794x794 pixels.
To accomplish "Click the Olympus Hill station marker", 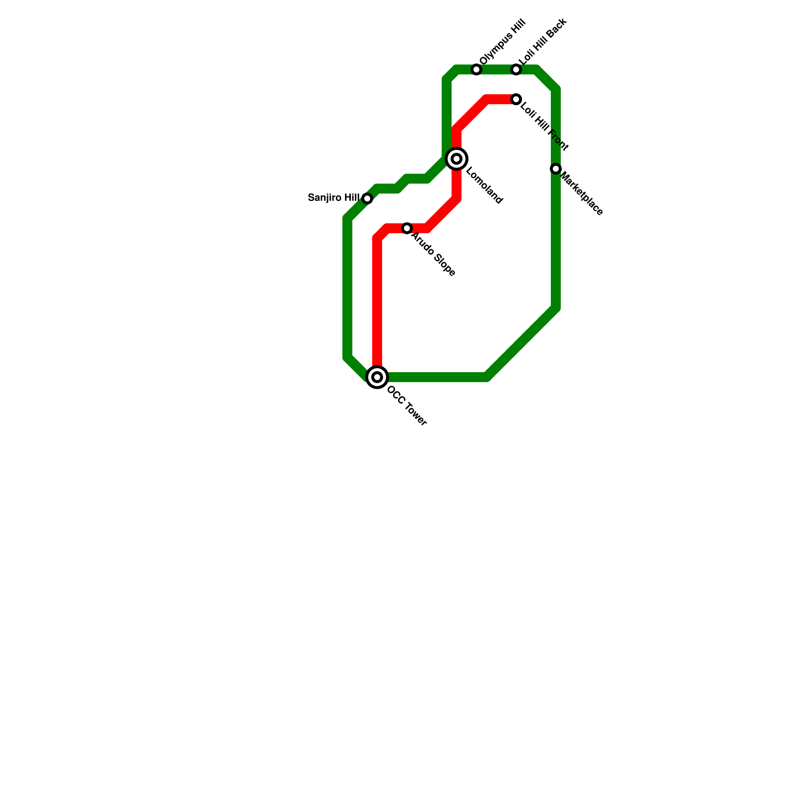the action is [x=476, y=69].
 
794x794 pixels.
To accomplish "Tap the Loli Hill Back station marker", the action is [x=516, y=69].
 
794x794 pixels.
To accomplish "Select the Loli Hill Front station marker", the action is [x=516, y=99].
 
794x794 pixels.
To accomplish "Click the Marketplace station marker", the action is [x=556, y=169].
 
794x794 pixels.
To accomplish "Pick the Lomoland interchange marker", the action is [x=457, y=159].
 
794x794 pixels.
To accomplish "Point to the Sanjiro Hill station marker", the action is [x=367, y=198].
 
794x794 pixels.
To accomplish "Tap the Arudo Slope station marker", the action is [x=407, y=228].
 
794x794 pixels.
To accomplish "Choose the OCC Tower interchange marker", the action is [x=377, y=377].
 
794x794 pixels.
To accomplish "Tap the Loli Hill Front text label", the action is [x=544, y=126].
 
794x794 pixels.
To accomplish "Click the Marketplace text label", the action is [x=582, y=194].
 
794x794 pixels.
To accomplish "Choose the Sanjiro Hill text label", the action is [x=333, y=198].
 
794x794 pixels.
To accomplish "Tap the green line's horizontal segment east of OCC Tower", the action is [x=437, y=377].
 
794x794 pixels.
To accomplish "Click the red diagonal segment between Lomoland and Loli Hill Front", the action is [x=471, y=114].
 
